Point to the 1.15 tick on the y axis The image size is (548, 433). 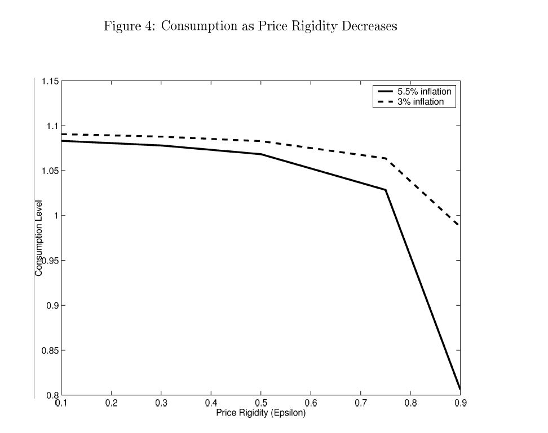click(50, 81)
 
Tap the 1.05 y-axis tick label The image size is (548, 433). click(50, 171)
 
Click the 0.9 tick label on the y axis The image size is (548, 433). click(52, 306)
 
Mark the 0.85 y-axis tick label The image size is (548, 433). click(50, 351)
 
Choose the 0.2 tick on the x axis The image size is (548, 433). click(111, 403)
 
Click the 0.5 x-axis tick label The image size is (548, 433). click(260, 403)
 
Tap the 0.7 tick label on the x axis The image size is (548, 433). click(360, 403)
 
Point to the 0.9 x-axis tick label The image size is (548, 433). click(460, 403)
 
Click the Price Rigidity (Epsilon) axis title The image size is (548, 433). click(260, 413)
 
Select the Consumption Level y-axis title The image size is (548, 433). click(39, 238)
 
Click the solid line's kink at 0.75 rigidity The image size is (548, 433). click(386, 190)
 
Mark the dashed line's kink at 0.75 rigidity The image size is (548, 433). click(386, 158)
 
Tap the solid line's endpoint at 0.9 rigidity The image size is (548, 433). click(460, 389)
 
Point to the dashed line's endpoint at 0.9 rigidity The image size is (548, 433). click(460, 226)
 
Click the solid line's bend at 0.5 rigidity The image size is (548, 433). click(261, 154)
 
